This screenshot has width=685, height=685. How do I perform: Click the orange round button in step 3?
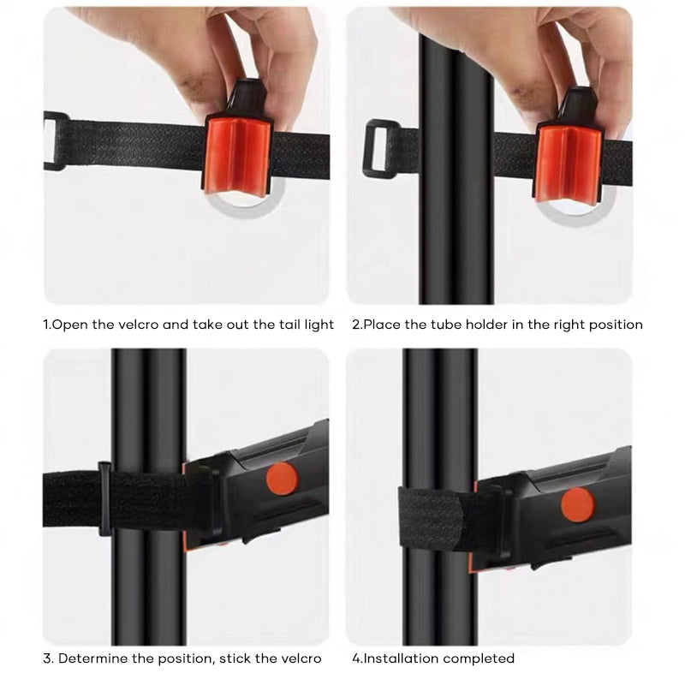click(282, 479)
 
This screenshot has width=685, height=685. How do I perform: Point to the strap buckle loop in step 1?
click(54, 140)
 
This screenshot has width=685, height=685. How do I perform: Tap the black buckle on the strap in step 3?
click(105, 499)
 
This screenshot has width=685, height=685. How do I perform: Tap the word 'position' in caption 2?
click(615, 325)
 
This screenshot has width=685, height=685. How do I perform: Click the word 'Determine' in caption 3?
click(92, 658)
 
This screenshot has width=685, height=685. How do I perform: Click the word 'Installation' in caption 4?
click(403, 658)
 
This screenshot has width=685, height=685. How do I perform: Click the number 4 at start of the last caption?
click(355, 658)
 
